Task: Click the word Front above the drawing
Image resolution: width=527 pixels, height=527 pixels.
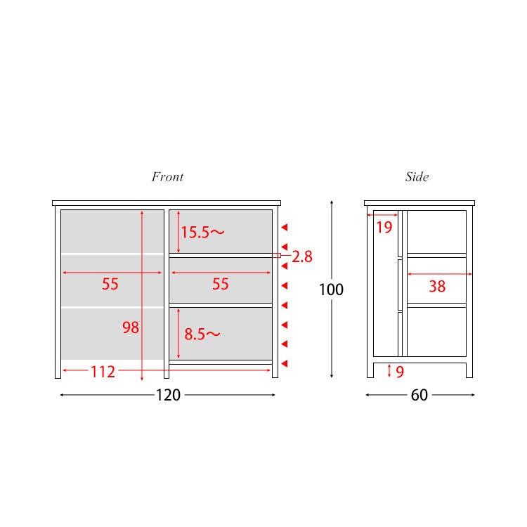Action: [167, 177]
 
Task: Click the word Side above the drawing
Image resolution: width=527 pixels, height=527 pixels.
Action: [417, 177]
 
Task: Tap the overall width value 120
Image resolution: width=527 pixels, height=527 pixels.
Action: [168, 395]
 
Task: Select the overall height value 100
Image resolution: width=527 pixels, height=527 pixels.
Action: [331, 289]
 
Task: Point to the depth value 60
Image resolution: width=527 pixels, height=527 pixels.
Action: [419, 395]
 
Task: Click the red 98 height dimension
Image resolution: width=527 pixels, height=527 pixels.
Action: [131, 327]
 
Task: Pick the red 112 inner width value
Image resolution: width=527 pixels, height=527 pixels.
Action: [103, 372]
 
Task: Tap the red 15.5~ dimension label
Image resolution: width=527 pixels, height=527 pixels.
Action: [202, 233]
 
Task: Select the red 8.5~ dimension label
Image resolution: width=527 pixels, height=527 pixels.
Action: [202, 334]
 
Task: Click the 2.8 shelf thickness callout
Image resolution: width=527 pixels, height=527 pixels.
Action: [302, 256]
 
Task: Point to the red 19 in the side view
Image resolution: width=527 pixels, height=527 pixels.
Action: [384, 228]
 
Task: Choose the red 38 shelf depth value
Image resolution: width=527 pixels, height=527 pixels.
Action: [437, 287]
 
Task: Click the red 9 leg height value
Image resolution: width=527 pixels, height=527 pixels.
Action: [400, 372]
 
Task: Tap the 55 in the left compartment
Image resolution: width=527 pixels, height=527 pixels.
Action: [110, 284]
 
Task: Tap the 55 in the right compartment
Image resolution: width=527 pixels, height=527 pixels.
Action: [221, 284]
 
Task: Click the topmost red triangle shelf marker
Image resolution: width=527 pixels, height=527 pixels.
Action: [285, 228]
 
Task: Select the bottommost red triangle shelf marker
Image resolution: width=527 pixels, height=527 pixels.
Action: [285, 363]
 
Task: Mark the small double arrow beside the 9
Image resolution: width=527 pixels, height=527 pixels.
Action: [389, 370]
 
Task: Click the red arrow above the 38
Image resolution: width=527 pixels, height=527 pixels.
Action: [440, 274]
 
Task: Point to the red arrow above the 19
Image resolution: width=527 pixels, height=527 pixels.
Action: [382, 215]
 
